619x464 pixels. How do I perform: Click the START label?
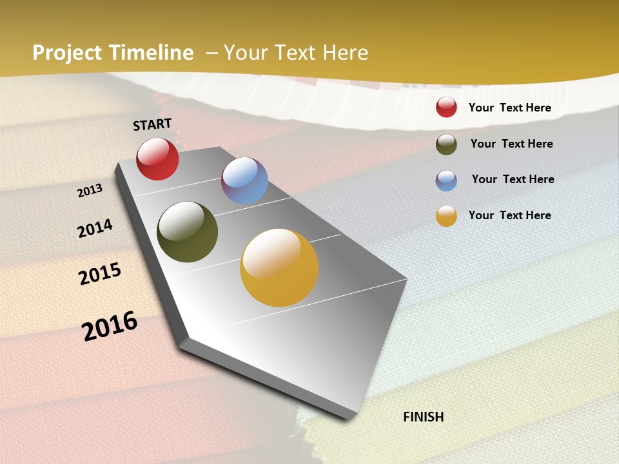click(152, 124)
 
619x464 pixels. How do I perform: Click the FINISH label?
click(423, 417)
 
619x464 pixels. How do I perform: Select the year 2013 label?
click(90, 191)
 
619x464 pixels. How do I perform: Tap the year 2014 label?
click(95, 228)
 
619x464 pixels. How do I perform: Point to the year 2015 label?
click(100, 274)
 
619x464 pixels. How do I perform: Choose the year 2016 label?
click(110, 326)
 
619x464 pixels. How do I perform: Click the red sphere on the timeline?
click(157, 159)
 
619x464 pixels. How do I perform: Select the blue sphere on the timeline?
click(244, 180)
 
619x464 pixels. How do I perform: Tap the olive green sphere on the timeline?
click(187, 232)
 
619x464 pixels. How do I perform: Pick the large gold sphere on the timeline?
click(279, 267)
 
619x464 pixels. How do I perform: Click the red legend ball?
click(446, 107)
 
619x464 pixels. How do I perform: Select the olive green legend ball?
click(446, 144)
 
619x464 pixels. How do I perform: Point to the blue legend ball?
click(446, 180)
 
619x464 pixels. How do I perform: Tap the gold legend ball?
click(446, 216)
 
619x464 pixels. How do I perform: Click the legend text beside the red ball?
click(509, 108)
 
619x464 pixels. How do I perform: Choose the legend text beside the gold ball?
click(509, 215)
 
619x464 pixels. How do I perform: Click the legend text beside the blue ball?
click(513, 179)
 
